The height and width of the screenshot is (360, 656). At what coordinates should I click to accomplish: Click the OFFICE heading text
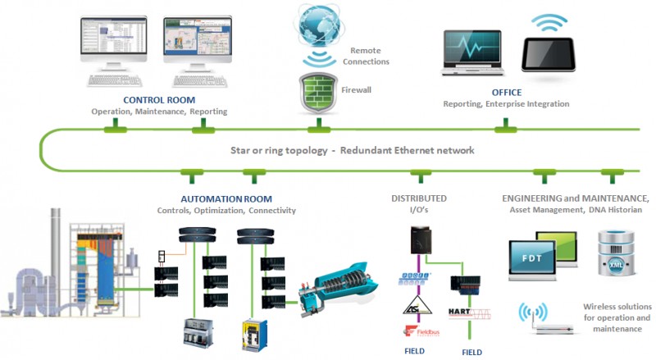[x=507, y=93]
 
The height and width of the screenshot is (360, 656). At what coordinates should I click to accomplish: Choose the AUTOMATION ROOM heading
[x=225, y=198]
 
